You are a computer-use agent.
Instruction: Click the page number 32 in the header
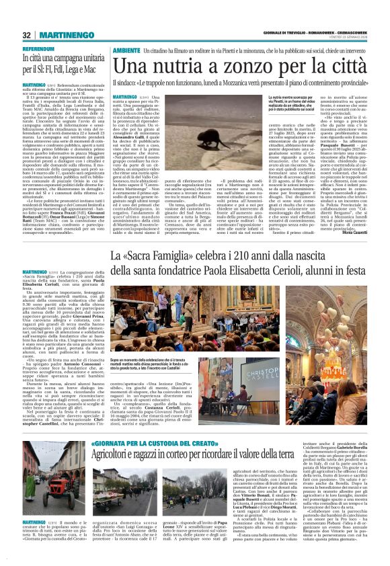[x=26, y=34]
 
